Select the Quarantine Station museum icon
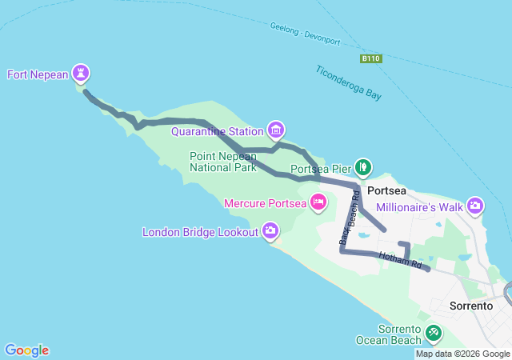point(276,130)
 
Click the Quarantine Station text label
point(218,131)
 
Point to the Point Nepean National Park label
point(223,162)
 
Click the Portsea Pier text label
point(320,169)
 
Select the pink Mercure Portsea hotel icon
point(318,202)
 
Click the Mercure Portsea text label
point(266,203)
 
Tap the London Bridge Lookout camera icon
point(270,232)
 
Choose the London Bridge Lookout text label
point(200,233)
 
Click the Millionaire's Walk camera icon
point(476,206)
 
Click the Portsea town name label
point(387,191)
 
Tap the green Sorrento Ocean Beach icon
point(433,331)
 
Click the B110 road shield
point(370,58)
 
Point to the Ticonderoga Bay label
point(348,82)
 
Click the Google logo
point(26,350)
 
